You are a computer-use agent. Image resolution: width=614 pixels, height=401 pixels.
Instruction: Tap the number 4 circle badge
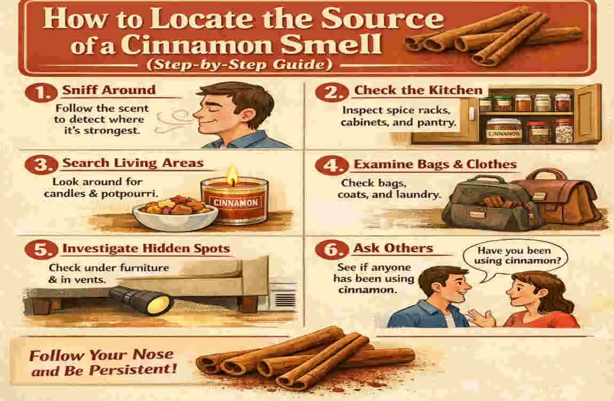coord(331,166)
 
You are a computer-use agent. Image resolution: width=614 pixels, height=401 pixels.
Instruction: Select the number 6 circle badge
coord(331,250)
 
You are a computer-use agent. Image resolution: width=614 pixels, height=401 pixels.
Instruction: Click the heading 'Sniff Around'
coord(109,90)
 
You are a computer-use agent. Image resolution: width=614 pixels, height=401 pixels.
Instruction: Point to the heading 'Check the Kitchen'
coord(418,90)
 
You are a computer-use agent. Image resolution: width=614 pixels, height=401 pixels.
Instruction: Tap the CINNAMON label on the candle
coord(236,203)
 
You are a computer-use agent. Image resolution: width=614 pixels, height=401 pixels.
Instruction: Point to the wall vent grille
coord(285,300)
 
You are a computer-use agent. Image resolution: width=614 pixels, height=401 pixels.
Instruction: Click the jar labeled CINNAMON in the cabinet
coord(504,132)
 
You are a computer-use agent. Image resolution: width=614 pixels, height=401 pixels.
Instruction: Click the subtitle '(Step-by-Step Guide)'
coord(239,64)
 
